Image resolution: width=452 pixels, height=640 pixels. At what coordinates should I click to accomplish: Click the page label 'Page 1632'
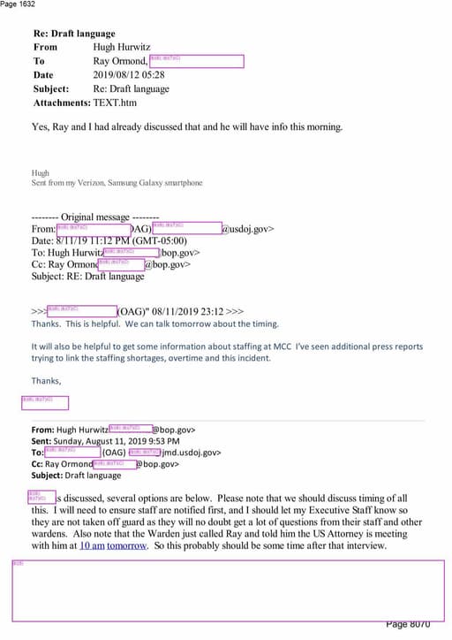pyautogui.click(x=19, y=4)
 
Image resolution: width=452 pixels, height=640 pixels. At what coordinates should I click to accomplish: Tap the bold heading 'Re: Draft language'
pyautogui.click(x=74, y=34)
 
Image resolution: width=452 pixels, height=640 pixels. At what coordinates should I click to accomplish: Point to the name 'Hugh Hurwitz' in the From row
pyautogui.click(x=123, y=47)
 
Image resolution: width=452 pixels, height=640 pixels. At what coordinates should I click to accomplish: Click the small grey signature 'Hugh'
pyautogui.click(x=40, y=173)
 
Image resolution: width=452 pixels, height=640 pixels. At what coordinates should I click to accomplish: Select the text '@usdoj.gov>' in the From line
pyautogui.click(x=247, y=229)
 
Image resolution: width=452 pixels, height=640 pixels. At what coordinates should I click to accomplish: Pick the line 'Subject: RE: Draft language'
pyautogui.click(x=87, y=276)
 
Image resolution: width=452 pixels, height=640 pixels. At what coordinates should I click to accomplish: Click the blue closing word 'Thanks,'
pyautogui.click(x=47, y=381)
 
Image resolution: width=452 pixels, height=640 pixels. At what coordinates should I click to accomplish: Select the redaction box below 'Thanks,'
pyautogui.click(x=44, y=402)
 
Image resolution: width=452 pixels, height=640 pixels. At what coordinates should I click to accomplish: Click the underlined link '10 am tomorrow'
pyautogui.click(x=113, y=545)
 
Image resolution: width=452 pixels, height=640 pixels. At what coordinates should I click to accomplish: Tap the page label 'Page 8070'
pyautogui.click(x=408, y=625)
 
